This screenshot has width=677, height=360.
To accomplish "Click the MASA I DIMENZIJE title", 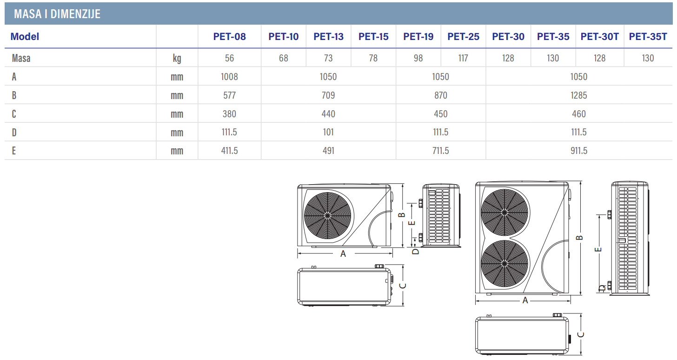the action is click(x=57, y=14).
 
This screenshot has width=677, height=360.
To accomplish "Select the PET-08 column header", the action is click(x=229, y=37).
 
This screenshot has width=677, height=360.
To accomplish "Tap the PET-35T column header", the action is click(x=648, y=37).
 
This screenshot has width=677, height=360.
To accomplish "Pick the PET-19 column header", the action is click(x=418, y=37).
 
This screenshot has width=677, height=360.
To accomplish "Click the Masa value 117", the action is click(x=463, y=58).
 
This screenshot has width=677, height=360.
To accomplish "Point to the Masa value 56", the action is click(x=229, y=58).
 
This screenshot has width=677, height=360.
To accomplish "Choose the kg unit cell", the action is click(x=177, y=58).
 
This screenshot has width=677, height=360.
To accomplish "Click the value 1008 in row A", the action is click(x=229, y=77).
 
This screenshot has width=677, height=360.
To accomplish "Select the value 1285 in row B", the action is click(x=579, y=95).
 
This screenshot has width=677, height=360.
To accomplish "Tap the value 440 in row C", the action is click(x=328, y=114).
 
